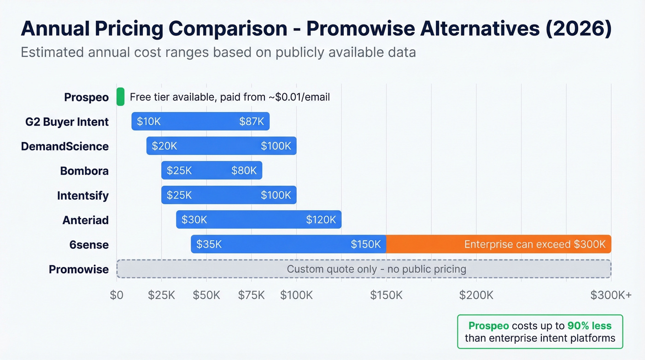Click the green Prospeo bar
[x=120, y=97]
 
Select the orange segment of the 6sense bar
[x=498, y=244]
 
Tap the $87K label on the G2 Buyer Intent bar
[x=252, y=122]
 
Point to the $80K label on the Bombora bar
[x=244, y=171]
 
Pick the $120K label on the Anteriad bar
[x=321, y=220]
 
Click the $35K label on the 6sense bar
[x=209, y=244]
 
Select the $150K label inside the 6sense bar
[x=366, y=244]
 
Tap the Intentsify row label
[x=83, y=195]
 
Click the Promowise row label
[x=79, y=269]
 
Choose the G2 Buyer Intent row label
[x=67, y=122]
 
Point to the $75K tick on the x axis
[x=252, y=295]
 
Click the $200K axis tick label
[x=476, y=295]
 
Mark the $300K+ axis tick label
[x=611, y=295]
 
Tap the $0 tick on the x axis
[x=117, y=295]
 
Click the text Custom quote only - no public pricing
[x=376, y=269]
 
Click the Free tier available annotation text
[x=229, y=97]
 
